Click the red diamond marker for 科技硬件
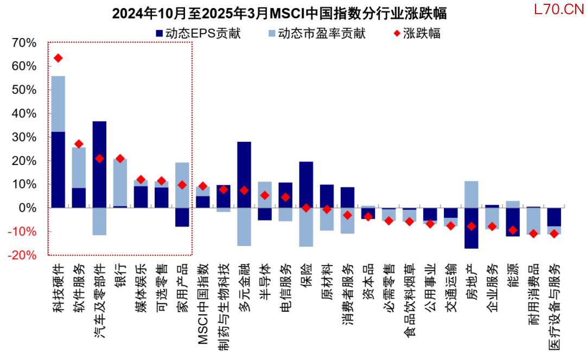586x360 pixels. [58, 58]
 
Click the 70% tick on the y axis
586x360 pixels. [24, 42]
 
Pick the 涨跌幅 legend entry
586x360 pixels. [416, 34]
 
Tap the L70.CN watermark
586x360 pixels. [558, 9]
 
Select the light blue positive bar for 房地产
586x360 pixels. [471, 194]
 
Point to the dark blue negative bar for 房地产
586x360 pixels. [471, 228]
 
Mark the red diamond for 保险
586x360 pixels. [306, 208]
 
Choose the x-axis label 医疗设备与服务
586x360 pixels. [553, 307]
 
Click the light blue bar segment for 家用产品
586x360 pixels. [182, 185]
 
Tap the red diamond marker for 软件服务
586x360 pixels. [79, 144]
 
